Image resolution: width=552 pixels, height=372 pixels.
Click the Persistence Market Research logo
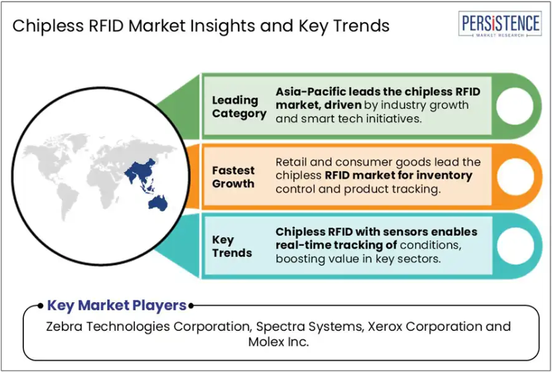pos(500,23)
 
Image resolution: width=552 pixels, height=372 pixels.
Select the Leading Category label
pos(239,107)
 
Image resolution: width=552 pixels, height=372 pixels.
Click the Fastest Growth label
pos(233,177)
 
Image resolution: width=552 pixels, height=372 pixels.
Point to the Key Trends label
pos(232,246)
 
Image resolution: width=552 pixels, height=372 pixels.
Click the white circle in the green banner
pos(514,106)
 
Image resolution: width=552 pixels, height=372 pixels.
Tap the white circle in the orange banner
pos(515,177)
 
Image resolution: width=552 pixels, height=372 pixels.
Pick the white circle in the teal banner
pos(515,246)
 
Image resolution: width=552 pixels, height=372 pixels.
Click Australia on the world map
pos(158,203)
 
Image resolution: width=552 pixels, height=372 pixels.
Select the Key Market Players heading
pos(117,306)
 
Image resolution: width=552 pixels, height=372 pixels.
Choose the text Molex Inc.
pos(279,341)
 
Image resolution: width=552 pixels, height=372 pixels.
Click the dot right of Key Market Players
pos(191,306)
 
